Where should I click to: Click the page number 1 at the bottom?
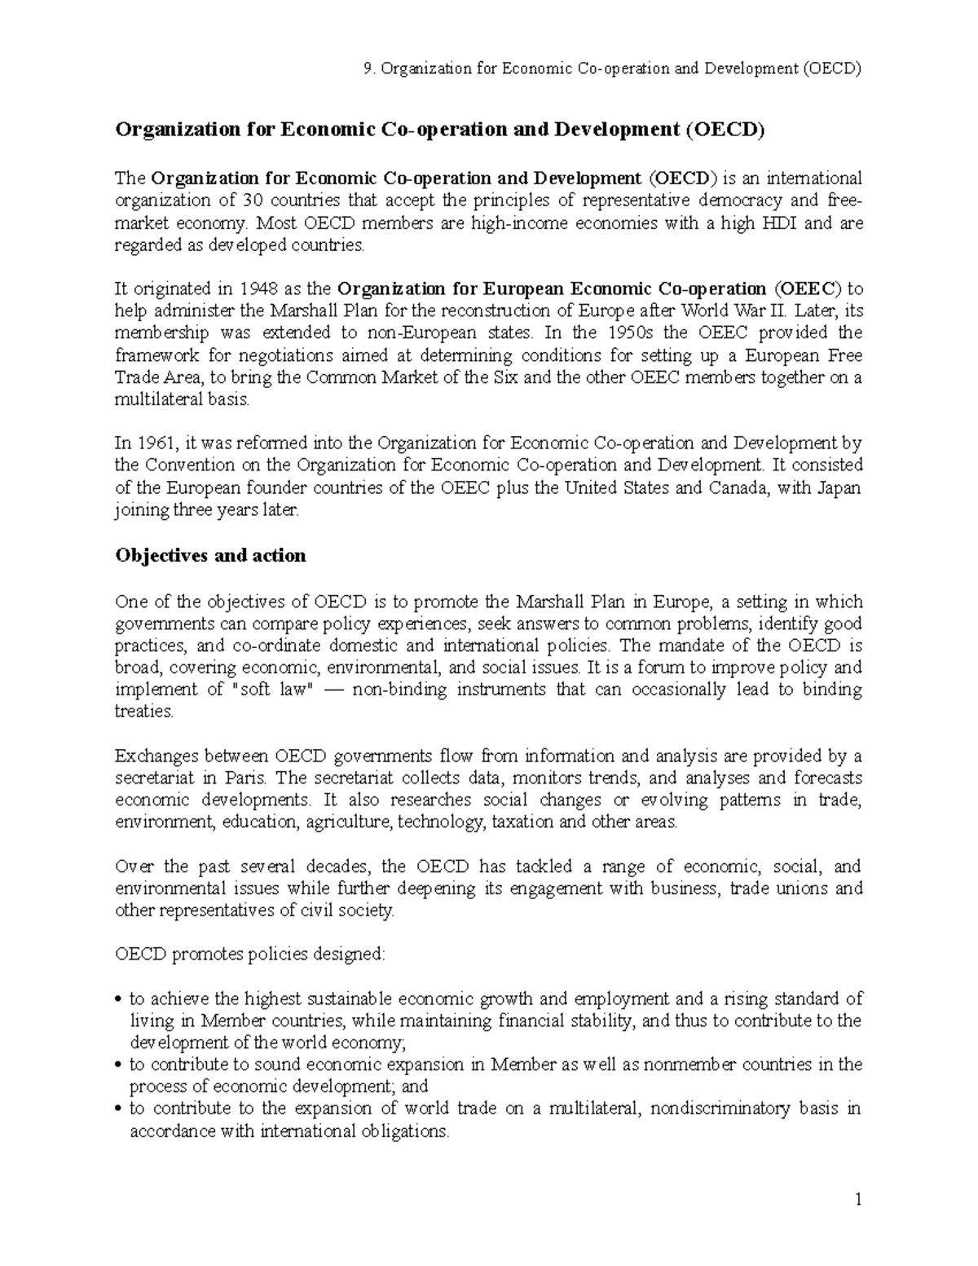pos(858,1200)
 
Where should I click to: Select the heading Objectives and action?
pos(210,556)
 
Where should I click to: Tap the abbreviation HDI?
pos(781,223)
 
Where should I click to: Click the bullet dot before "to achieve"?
pos(119,999)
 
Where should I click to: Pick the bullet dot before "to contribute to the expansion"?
pos(119,1109)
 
